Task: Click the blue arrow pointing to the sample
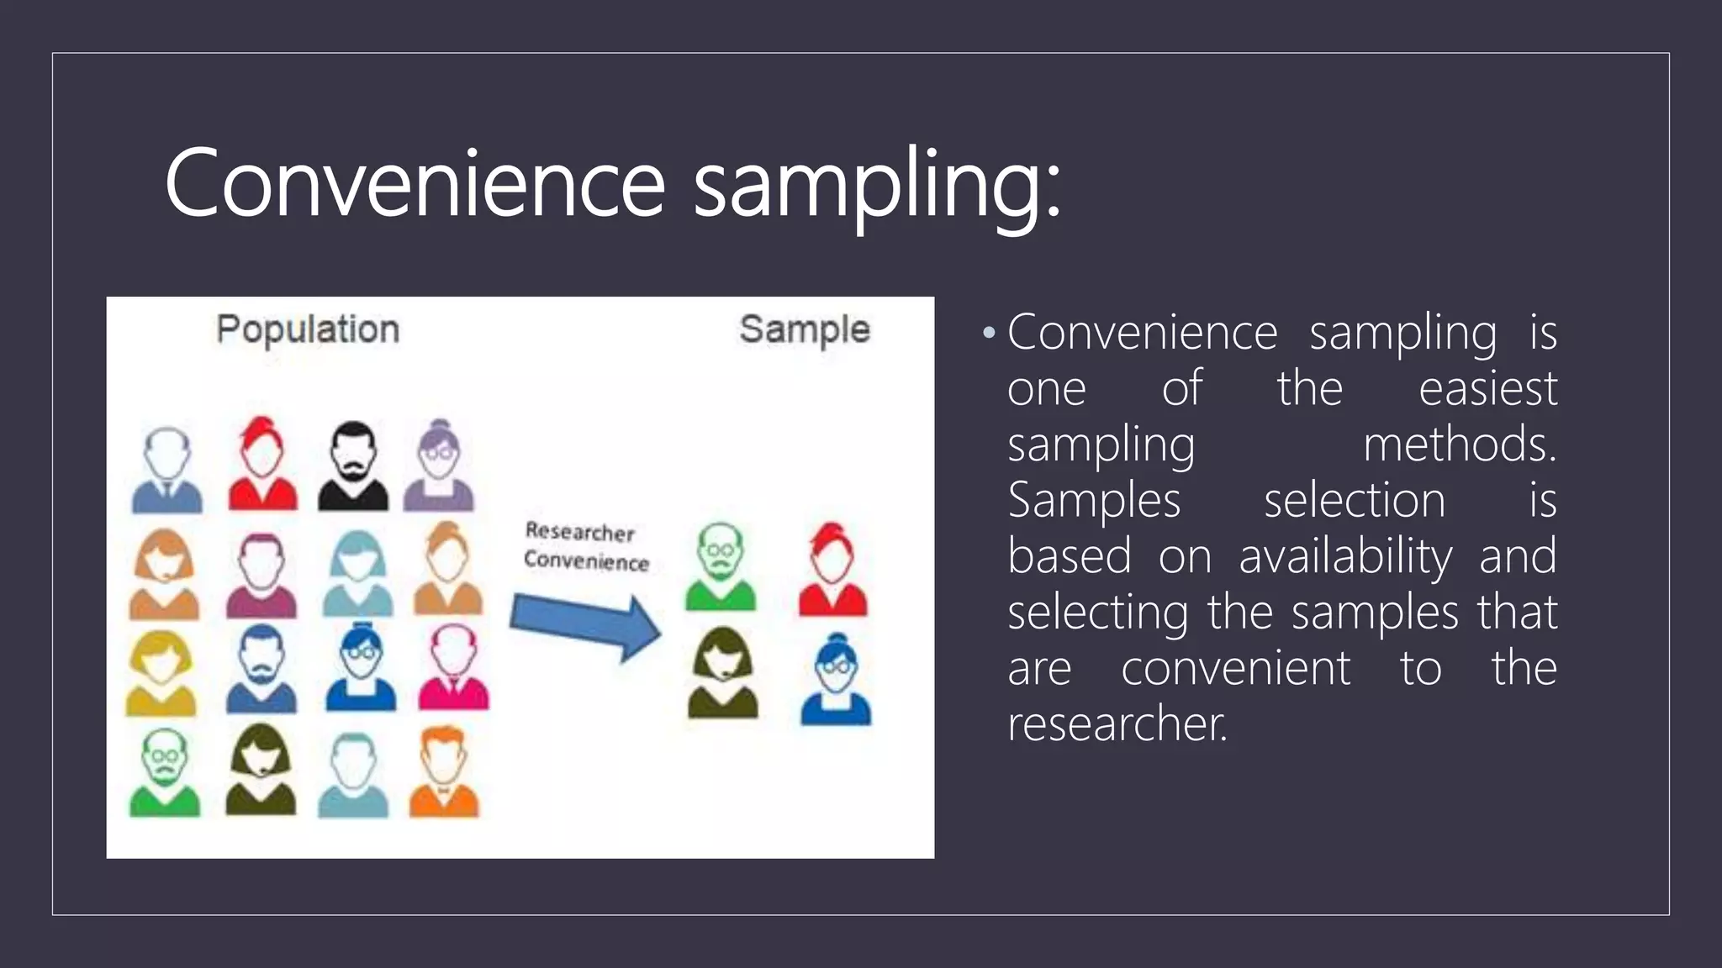click(585, 625)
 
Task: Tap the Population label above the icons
click(308, 329)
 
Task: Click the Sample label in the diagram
click(804, 329)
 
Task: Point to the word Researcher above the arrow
click(579, 532)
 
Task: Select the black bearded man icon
click(353, 466)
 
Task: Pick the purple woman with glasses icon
click(439, 466)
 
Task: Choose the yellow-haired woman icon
click(161, 672)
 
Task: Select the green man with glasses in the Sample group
click(721, 567)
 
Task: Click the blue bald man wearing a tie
click(167, 471)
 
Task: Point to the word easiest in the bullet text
click(1487, 388)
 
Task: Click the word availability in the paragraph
click(1345, 556)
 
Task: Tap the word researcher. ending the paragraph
click(1117, 724)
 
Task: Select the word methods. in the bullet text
click(1460, 444)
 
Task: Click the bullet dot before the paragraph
click(989, 334)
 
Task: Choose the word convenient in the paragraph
click(1235, 668)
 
